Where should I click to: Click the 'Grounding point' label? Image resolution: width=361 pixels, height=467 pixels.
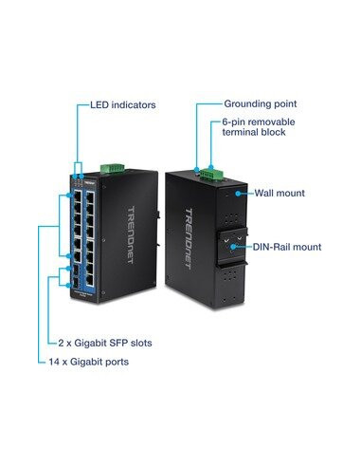[x=260, y=103]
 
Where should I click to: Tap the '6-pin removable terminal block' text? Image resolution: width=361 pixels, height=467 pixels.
[x=257, y=129]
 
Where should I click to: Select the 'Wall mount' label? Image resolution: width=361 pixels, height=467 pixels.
[x=279, y=193]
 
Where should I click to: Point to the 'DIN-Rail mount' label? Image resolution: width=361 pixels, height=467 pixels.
[x=286, y=247]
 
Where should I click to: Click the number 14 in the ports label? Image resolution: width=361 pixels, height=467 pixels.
[x=54, y=363]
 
